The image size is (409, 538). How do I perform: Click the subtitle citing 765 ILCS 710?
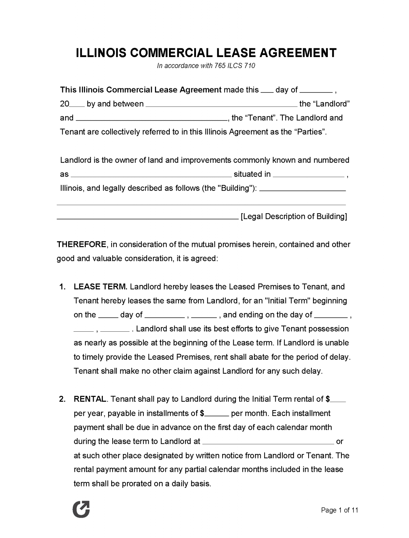(x=206, y=66)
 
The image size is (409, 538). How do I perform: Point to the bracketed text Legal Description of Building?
(x=294, y=216)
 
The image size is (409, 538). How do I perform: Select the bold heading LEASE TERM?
(x=100, y=287)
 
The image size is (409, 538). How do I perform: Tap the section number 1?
(x=63, y=287)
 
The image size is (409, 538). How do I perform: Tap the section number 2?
(x=63, y=399)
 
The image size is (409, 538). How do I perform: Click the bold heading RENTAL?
(x=90, y=399)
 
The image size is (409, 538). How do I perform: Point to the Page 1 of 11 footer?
(x=339, y=510)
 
